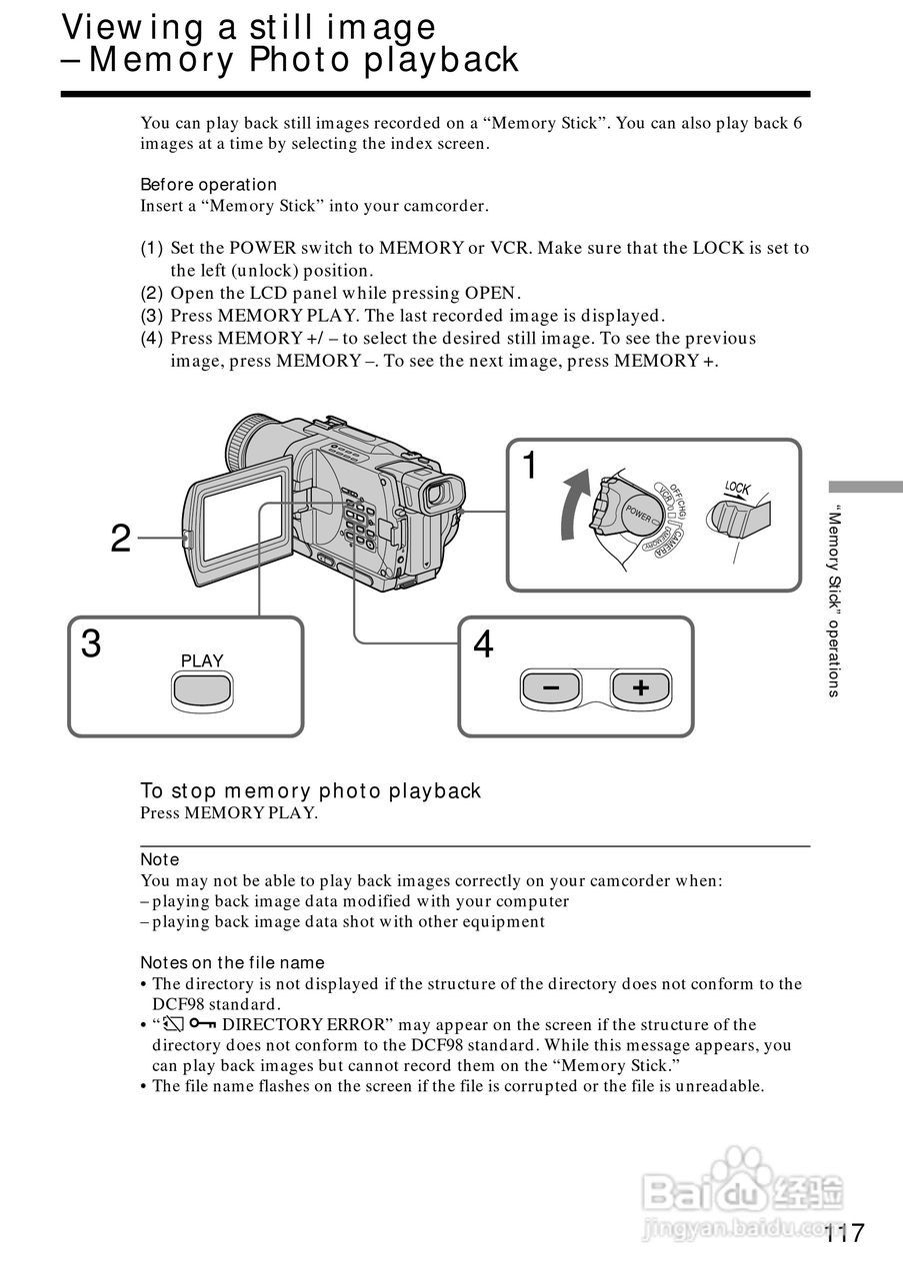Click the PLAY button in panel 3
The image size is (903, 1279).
tap(202, 690)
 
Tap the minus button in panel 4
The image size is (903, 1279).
tap(550, 688)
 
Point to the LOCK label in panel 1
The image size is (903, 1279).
tap(737, 489)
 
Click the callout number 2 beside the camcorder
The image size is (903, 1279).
tap(121, 540)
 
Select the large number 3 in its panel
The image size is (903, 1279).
tap(91, 644)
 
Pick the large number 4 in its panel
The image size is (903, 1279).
tap(483, 644)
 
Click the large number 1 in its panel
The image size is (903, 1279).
tap(530, 466)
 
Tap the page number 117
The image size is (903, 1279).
tap(845, 1233)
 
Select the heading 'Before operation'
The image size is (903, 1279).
tap(208, 185)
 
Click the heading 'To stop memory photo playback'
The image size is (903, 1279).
tap(310, 791)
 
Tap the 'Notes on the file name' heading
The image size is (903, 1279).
tap(232, 962)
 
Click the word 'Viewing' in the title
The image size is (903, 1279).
tap(134, 27)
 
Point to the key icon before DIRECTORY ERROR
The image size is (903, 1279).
tap(202, 1024)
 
